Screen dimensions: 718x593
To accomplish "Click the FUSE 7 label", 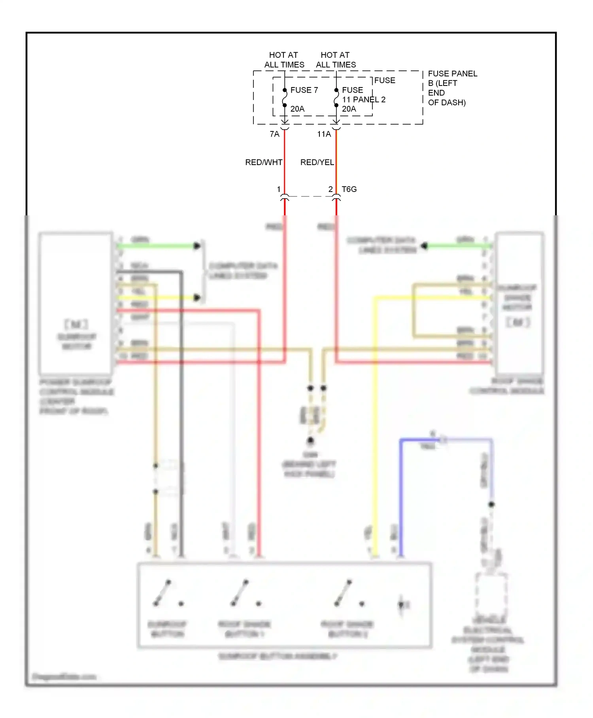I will (x=304, y=90).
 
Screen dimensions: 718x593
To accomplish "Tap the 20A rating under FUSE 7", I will (x=297, y=109).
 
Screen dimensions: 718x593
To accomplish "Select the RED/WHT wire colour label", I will (x=264, y=162).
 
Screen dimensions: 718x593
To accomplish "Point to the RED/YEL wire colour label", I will (x=317, y=162).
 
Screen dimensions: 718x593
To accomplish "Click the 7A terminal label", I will (x=274, y=134).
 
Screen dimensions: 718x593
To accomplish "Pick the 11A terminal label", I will (x=324, y=134).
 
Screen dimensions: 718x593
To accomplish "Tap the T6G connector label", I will (x=349, y=189).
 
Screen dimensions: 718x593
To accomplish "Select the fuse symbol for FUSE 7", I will (x=285, y=98).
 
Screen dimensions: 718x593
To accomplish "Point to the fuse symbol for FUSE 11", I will (x=336, y=98).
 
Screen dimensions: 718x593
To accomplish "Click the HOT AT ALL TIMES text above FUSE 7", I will (x=284, y=60).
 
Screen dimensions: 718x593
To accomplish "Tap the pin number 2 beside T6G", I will (x=330, y=189).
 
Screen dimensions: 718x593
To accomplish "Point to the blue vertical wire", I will (x=401, y=499).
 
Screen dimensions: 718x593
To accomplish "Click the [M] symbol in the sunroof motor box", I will (x=76, y=325).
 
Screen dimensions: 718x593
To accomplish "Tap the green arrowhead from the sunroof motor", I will (x=197, y=246).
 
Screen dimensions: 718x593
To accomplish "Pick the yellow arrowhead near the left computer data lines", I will (x=197, y=298).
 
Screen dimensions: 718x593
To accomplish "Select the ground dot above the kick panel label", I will (x=311, y=440).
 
